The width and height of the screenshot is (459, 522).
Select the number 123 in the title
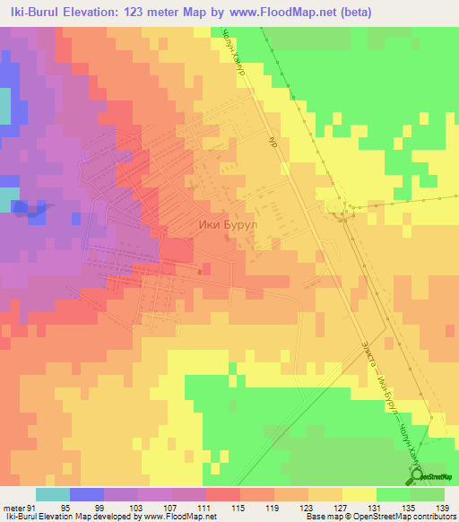point(140,11)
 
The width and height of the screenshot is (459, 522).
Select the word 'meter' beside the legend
point(14,507)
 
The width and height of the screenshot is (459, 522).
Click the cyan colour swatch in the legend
point(52,494)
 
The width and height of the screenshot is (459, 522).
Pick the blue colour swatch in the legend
point(86,494)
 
